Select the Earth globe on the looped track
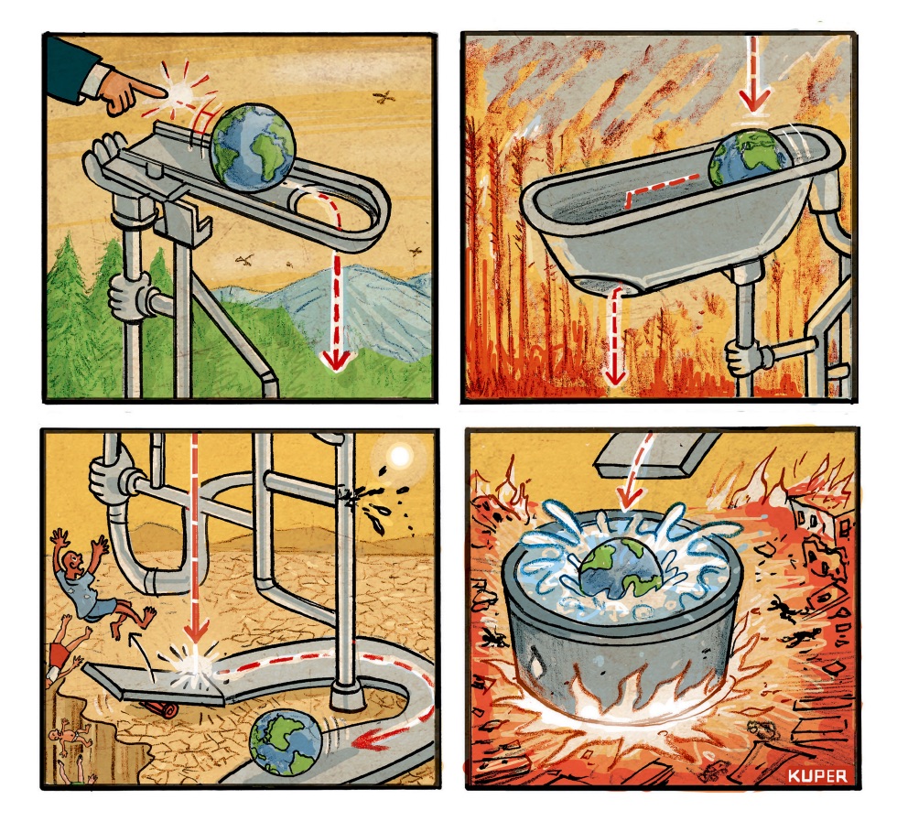tap(253, 146)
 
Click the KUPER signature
tap(816, 775)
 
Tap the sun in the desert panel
tap(399, 457)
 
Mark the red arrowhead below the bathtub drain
tap(614, 375)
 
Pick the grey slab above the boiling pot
tap(655, 456)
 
